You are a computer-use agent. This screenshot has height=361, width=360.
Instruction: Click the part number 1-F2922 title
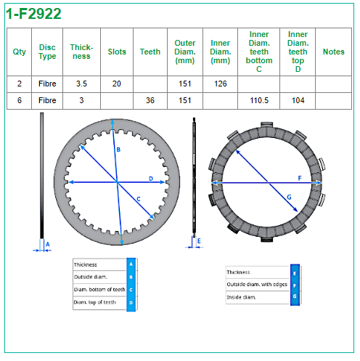(33, 14)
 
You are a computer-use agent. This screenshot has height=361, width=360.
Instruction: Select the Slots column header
(117, 52)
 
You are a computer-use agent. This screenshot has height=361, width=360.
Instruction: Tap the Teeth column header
(150, 52)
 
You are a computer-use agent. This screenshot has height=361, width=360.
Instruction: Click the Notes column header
(334, 52)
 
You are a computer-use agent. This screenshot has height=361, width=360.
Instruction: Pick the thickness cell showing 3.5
(81, 84)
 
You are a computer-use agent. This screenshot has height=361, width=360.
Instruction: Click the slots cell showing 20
(117, 84)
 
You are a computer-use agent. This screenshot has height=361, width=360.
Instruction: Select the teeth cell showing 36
(150, 100)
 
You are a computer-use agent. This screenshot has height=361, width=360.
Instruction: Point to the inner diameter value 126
(221, 84)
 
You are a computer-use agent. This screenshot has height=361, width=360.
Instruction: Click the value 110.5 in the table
(259, 100)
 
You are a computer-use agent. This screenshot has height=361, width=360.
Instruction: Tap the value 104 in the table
(298, 100)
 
